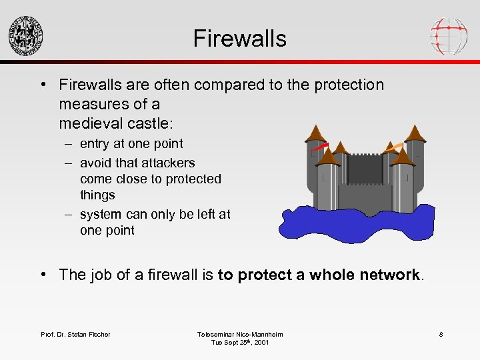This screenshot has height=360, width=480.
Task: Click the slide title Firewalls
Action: click(239, 38)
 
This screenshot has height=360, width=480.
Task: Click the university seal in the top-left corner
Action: click(25, 35)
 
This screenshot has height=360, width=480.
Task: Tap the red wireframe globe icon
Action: click(449, 35)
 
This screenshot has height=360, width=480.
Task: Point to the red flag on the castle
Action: click(321, 145)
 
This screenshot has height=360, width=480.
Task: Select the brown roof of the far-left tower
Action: click(315, 133)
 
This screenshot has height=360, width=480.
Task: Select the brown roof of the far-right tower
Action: click(415, 133)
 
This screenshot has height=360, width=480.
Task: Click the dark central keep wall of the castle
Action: click(365, 170)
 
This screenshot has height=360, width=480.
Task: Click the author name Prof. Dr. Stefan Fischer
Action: click(75, 334)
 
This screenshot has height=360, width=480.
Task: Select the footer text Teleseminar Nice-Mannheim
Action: click(239, 334)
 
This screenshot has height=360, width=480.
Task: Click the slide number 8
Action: click(441, 334)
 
